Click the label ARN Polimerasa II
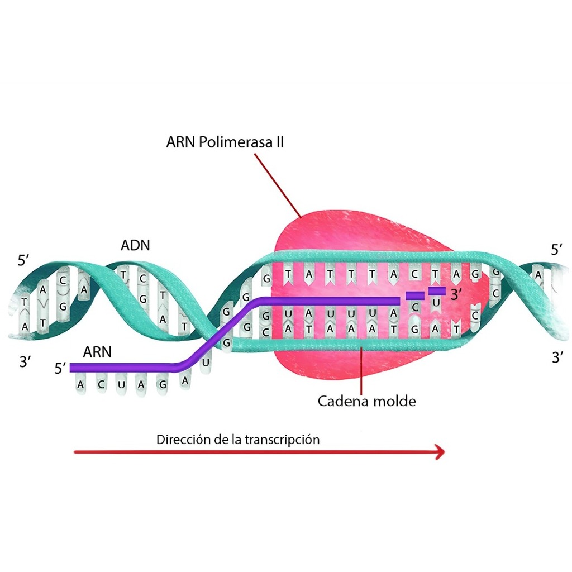(225, 142)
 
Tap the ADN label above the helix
(135, 245)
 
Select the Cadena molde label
(366, 401)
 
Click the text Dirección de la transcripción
(238, 439)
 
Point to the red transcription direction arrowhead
(441, 452)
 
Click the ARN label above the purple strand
(97, 352)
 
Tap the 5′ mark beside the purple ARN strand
(60, 368)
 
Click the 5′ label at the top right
(557, 250)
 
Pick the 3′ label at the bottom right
(557, 357)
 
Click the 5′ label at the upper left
(23, 260)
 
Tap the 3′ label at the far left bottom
(25, 362)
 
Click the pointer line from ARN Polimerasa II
(278, 185)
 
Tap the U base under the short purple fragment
(436, 303)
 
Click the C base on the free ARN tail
(101, 384)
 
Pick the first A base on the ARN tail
(80, 385)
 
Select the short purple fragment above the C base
(415, 295)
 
